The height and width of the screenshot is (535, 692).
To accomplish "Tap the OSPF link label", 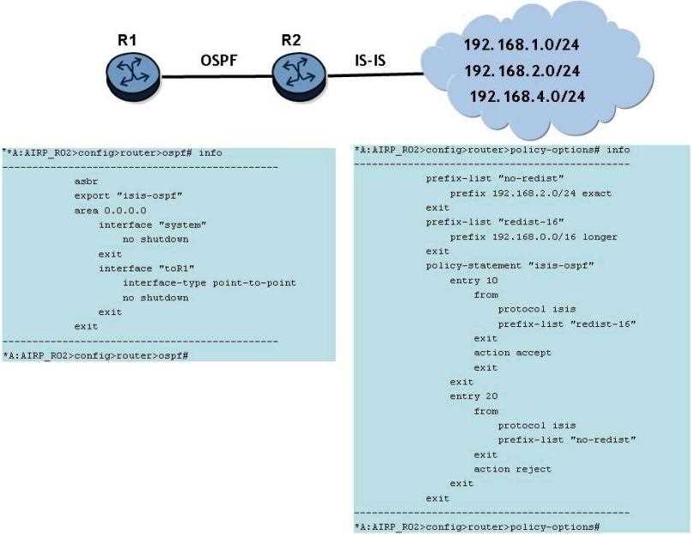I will pos(218,61).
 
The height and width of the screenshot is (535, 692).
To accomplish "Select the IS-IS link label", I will pos(373,61).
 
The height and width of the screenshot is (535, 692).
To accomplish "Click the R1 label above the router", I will pos(129,39).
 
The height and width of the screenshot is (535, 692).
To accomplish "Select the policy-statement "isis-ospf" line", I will pos(510,266).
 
